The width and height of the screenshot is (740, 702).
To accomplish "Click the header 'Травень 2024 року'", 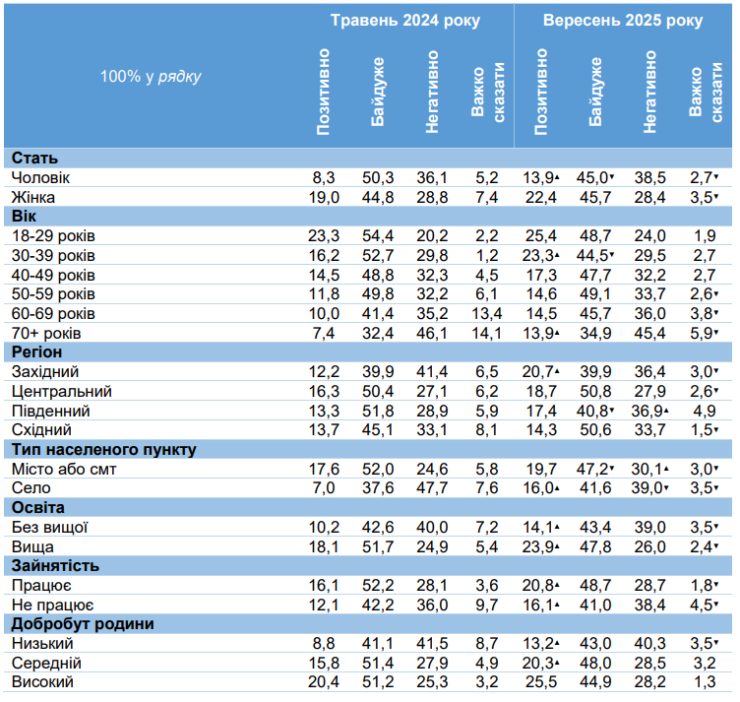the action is pos(404,21).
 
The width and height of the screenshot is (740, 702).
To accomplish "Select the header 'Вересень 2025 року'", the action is pos(623,21).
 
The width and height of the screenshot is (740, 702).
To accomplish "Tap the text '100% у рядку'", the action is pos(151,77).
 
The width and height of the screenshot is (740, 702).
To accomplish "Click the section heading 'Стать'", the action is pos(34,159).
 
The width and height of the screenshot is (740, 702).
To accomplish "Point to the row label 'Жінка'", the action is pos(33,197).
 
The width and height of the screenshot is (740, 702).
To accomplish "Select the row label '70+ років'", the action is pos(46,334).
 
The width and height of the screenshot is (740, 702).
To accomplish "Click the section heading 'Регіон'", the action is pos(36,352).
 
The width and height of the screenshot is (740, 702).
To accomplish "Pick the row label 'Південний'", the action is pos(51,411).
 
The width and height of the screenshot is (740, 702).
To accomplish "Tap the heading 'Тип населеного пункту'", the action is pos(104,450).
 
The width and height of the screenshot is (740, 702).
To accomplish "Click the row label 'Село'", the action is pos(31,488).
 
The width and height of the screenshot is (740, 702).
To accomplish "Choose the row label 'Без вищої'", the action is pos(50,528).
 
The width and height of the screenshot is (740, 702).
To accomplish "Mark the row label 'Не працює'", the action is pos(53,606).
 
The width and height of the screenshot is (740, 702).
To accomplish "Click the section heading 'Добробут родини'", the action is pos(83,624).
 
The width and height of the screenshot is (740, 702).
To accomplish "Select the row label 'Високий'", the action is pos(42,682).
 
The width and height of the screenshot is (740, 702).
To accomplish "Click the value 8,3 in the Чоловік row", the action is pos(324,178).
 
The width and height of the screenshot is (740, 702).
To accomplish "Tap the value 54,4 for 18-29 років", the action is pos(378,236).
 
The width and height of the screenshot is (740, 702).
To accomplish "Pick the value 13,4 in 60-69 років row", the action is pos(486,314).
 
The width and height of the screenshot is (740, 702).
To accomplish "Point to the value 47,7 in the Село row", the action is pos(432,488).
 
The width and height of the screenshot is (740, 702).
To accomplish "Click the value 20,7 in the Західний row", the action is pos(537,372).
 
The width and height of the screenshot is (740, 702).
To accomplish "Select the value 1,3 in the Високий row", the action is pos(705,682).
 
